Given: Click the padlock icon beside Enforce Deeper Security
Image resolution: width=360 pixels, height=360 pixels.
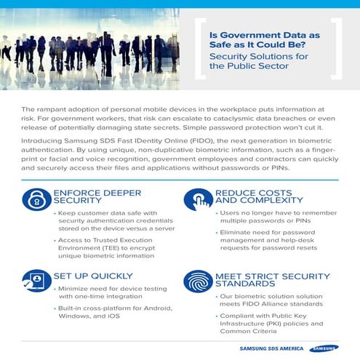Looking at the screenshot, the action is [x=36, y=200].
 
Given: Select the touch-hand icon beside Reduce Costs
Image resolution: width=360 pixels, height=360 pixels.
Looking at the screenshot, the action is [x=198, y=200].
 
